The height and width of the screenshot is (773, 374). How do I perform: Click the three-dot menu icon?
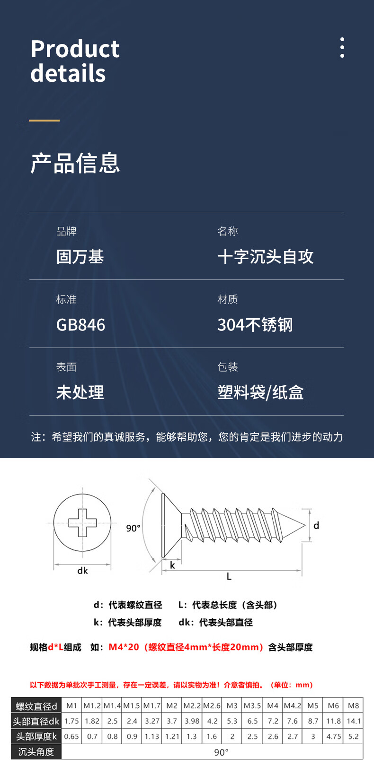click(342, 48)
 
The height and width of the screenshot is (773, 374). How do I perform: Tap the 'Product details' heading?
click(75, 61)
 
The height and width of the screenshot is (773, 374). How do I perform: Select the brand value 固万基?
click(80, 257)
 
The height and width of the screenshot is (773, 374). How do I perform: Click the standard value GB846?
click(80, 325)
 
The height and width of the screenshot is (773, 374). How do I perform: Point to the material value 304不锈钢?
click(255, 325)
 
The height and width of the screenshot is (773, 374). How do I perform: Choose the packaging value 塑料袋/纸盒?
click(260, 392)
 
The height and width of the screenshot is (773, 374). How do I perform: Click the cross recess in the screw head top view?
click(82, 523)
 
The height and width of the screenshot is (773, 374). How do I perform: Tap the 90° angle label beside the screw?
click(133, 528)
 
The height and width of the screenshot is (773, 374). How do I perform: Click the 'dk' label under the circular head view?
click(82, 571)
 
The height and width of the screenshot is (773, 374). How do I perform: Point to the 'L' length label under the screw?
click(229, 576)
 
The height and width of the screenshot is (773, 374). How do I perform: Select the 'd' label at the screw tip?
click(316, 525)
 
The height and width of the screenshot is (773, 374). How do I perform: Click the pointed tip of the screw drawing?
click(303, 524)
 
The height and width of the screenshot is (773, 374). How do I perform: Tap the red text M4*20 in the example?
click(124, 647)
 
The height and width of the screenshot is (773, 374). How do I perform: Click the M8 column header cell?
click(353, 705)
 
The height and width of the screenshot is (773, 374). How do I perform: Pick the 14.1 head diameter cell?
click(353, 721)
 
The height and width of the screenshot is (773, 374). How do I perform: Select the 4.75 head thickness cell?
click(333, 736)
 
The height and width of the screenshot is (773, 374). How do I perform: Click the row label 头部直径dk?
click(36, 721)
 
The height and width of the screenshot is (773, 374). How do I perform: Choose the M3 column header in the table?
click(232, 705)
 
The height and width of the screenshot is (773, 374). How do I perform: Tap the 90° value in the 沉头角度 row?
click(221, 752)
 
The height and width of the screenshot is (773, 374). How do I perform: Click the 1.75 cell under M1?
click(71, 721)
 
